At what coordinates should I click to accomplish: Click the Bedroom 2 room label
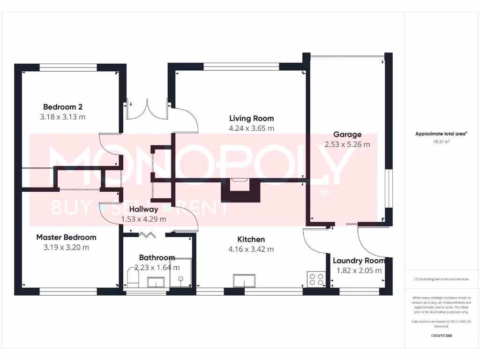coord(63,107)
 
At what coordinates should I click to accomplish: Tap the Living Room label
coord(251,119)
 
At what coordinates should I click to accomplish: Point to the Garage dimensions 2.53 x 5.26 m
coord(347,144)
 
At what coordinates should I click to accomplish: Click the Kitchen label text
coord(251,240)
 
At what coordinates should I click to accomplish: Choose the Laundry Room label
coord(359,261)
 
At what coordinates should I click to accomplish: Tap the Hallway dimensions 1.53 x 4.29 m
coord(143,219)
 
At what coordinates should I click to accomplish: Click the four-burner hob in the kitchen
coord(316,279)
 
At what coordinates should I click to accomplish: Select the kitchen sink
coord(245,281)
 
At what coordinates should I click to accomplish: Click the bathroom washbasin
coord(156,282)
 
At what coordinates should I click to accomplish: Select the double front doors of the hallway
coord(147,109)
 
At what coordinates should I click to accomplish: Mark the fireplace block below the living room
coord(240,190)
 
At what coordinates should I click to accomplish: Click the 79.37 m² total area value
coord(441,141)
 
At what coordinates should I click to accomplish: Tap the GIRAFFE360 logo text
coord(441,336)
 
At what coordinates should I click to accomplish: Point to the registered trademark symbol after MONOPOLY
coord(323,193)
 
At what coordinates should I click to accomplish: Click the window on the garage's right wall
coord(388,187)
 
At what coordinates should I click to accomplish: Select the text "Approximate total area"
coord(440,134)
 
